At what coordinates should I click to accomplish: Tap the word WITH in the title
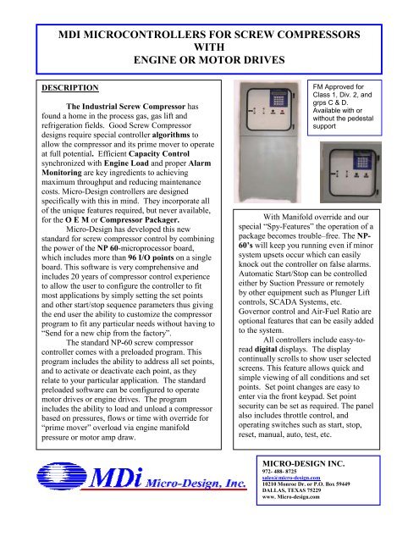pos(208,49)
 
